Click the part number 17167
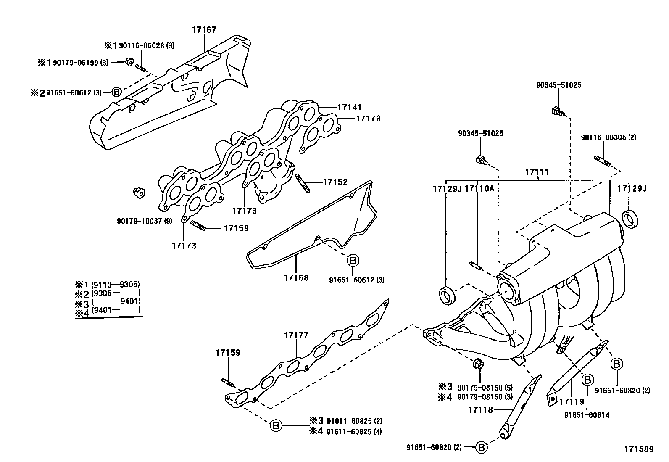(204, 30)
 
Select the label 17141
(349, 108)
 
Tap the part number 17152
(335, 182)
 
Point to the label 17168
(296, 277)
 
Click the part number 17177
(296, 335)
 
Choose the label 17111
(537, 172)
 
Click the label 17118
(481, 409)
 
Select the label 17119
(572, 402)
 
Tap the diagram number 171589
(639, 449)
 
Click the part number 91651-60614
(587, 415)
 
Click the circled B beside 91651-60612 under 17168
(353, 261)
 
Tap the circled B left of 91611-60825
(276, 425)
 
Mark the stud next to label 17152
(303, 182)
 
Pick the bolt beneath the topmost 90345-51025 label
(557, 111)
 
